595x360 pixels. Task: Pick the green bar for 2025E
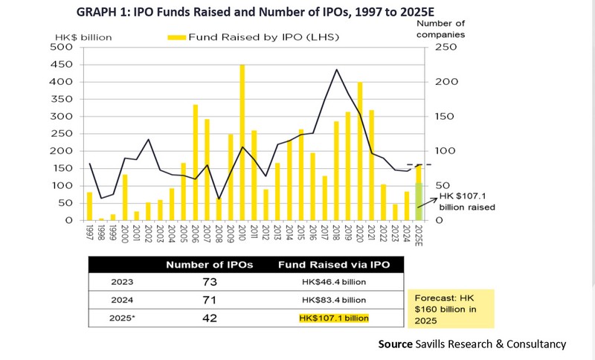point(418,201)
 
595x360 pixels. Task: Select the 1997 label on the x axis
point(90,233)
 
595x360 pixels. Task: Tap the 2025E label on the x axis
point(419,235)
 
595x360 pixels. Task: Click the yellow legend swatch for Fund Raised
point(176,36)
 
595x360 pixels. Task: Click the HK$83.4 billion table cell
point(334,300)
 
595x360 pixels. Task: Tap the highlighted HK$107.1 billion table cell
point(334,318)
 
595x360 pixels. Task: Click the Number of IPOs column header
point(210,265)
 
